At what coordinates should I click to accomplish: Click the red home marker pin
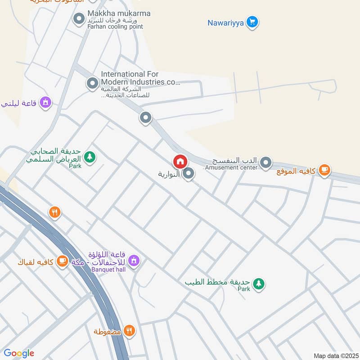tap(180, 161)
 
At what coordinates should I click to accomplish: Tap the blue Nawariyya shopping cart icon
tap(252, 22)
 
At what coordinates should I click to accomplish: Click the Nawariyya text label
tap(225, 22)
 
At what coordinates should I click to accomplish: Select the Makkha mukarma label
tap(119, 13)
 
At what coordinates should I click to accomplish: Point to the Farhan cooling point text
tap(116, 27)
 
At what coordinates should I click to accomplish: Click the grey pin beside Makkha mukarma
tap(79, 19)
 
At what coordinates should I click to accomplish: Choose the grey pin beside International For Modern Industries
tap(92, 83)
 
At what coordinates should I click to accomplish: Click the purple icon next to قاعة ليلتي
tap(45, 103)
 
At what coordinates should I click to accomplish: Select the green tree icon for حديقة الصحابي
tap(90, 157)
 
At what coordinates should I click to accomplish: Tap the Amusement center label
tap(231, 168)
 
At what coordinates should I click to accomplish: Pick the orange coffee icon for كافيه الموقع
tap(324, 170)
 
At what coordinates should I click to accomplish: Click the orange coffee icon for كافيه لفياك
tap(62, 261)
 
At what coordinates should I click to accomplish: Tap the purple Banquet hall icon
tap(133, 260)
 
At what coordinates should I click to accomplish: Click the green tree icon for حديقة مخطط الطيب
tap(258, 283)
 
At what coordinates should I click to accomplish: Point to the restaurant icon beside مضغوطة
tap(129, 331)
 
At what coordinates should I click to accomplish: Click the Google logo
tap(18, 353)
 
